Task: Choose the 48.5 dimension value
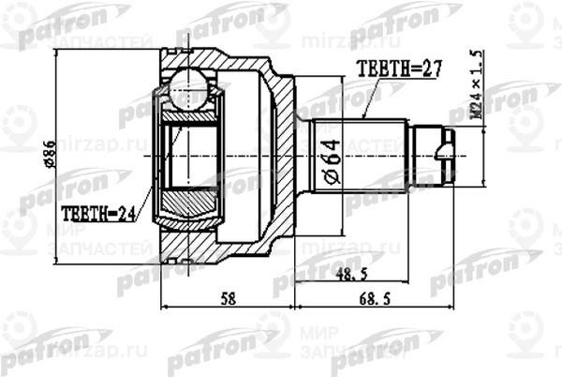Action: [x=350, y=276]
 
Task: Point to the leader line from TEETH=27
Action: [x=370, y=98]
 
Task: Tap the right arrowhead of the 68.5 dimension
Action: [x=454, y=306]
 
